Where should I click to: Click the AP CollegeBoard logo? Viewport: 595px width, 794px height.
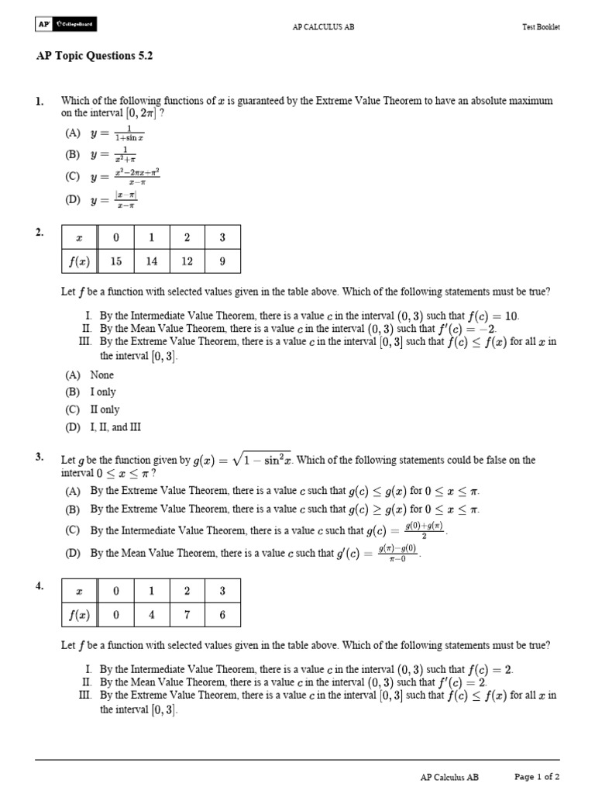coord(66,25)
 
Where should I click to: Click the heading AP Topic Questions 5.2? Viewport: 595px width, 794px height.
coord(98,57)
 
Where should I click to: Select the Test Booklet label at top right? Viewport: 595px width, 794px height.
coord(541,26)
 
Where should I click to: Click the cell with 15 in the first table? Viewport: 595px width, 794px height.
coord(115,261)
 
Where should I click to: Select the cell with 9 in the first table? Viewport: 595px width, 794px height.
coord(222,261)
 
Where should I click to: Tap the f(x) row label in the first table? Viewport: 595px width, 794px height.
coord(79,261)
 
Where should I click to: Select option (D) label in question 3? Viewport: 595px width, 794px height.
coord(73,554)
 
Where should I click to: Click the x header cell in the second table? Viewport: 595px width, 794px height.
coord(79,591)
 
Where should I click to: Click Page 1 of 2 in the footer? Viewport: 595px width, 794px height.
coord(537,776)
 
